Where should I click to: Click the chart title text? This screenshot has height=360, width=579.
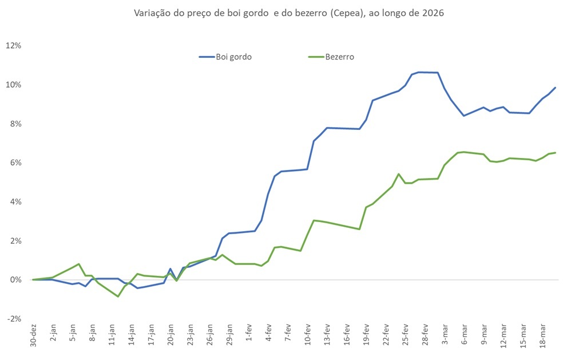pos(288,13)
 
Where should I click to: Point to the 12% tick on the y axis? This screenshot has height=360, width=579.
pos(14,46)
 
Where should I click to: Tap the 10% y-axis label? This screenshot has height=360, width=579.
pos(14,85)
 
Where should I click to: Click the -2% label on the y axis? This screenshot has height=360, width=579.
pos(14,319)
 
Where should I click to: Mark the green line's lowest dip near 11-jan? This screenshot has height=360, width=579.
pos(118,296)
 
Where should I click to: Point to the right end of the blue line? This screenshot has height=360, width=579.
pos(556,88)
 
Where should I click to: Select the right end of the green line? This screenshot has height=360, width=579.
pos(556,152)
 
